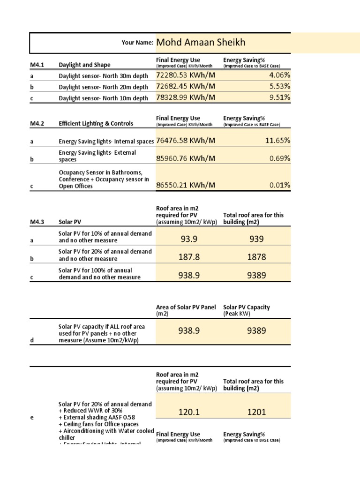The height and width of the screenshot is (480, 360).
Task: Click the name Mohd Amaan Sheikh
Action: (x=200, y=43)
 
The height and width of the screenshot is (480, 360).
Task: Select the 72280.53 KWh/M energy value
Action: (x=186, y=75)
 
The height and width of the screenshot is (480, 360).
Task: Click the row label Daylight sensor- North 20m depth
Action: (x=103, y=87)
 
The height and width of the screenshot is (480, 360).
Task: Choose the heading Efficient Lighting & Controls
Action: (x=96, y=123)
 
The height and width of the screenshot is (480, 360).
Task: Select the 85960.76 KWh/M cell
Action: (x=186, y=158)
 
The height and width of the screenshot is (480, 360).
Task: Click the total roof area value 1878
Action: (x=257, y=257)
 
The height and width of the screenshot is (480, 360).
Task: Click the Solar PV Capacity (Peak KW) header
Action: (x=247, y=310)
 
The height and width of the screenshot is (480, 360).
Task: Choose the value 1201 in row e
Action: (x=257, y=412)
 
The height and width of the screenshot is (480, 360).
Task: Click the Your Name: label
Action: (x=137, y=43)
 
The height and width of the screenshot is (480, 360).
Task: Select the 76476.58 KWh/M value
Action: (x=186, y=140)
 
